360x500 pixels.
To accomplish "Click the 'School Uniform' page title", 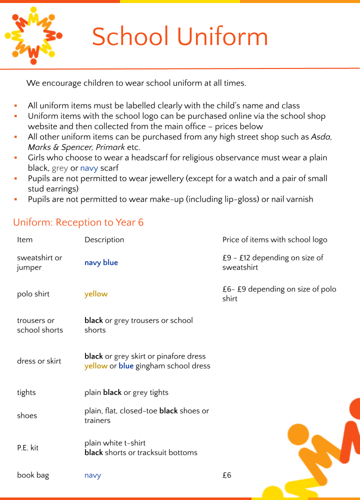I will click(180, 37).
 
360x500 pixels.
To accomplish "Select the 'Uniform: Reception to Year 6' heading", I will click(78, 222).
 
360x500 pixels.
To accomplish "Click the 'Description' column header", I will click(104, 240).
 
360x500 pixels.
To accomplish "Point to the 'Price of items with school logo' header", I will click(274, 240).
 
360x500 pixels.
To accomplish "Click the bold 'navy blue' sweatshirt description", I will click(101, 263).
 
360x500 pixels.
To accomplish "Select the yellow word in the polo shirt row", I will click(96, 294).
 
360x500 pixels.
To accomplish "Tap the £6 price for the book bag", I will click(227, 475).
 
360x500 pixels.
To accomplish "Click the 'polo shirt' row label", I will click(33, 294).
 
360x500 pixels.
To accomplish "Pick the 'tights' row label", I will click(26, 393).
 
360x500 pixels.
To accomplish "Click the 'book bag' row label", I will click(33, 475).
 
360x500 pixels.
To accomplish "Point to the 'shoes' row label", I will click(27, 416).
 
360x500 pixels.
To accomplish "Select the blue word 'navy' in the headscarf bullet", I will click(89, 168).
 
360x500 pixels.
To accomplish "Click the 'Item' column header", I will click(24, 240).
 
